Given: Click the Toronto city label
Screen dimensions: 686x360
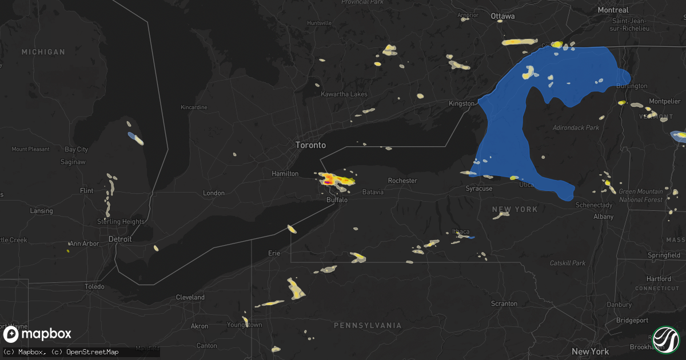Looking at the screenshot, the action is tap(310, 145).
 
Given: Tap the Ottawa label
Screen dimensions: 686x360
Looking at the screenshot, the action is tap(502, 17).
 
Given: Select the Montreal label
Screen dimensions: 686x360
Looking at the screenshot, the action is tap(613, 10).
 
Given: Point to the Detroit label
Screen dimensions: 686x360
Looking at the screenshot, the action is tap(120, 239).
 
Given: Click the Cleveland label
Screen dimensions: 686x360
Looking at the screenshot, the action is tap(190, 298).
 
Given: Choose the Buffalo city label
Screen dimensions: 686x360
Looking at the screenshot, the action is tap(337, 200).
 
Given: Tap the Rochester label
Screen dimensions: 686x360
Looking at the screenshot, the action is tap(402, 181).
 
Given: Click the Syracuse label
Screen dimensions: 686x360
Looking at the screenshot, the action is tap(479, 188).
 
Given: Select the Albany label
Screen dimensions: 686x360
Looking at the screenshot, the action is tap(603, 217).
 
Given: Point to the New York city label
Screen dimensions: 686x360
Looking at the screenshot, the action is tap(591, 351).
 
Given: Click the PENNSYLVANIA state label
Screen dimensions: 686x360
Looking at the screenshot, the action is tap(368, 325).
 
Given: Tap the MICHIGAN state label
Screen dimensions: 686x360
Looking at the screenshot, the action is tap(43, 52).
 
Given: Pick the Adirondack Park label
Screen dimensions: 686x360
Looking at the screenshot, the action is tap(576, 128).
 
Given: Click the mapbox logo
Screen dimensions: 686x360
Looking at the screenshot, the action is tap(38, 334).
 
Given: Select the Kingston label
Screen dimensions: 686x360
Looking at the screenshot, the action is tap(461, 103).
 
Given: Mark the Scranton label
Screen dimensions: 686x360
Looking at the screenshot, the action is tap(504, 303).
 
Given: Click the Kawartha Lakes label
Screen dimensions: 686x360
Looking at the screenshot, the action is tap(344, 94).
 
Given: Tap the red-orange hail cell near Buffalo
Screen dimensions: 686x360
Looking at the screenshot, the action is tap(328, 181).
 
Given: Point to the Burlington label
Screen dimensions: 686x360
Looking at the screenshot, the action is tap(632, 86).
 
